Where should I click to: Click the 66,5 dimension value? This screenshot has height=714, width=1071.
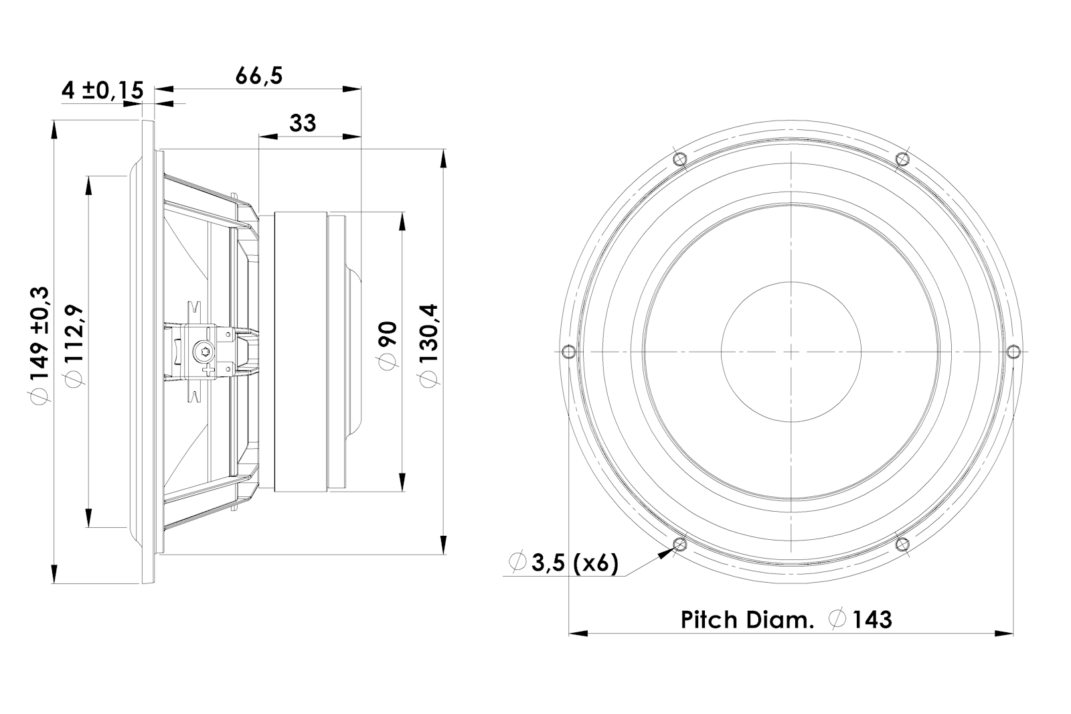pos(258,76)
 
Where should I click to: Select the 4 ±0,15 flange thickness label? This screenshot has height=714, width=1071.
pos(102,90)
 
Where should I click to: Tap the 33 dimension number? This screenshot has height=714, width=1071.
pos(303,123)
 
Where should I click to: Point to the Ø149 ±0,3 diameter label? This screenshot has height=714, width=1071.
pos(40,344)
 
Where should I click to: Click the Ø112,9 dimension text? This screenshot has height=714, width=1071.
pos(74,344)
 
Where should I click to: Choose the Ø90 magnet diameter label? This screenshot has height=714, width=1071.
pos(388,345)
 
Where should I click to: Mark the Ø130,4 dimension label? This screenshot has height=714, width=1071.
pos(428,345)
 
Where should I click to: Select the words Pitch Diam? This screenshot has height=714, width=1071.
pos(747,620)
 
